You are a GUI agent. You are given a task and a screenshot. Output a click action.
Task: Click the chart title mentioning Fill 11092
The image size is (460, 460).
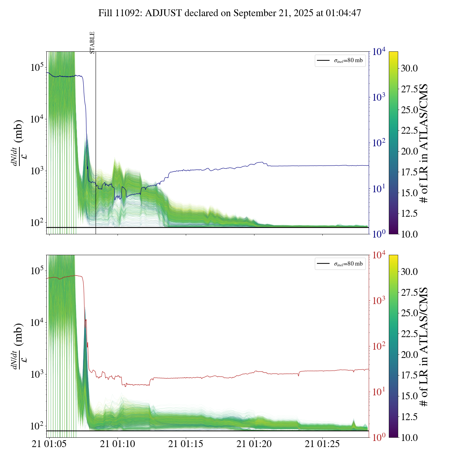tap(230, 13)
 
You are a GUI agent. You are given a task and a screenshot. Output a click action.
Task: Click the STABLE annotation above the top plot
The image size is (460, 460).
tap(92, 43)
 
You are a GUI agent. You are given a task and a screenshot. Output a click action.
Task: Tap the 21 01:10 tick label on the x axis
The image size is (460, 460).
tap(118, 444)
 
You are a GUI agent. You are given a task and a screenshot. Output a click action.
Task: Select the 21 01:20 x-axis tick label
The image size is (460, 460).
tap(254, 444)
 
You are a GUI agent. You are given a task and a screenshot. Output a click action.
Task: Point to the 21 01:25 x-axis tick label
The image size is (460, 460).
tap(322, 444)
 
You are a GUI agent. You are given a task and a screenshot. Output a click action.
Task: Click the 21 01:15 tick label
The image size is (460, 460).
tap(186, 444)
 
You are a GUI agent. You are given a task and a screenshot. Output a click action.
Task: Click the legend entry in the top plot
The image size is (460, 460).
tap(340, 60)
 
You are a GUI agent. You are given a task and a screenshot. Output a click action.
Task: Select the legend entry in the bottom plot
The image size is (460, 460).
tap(340, 264)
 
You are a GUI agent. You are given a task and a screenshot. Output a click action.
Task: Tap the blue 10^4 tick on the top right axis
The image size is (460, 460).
tap(379, 52)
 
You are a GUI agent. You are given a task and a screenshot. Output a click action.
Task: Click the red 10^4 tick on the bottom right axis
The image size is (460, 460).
tap(379, 255)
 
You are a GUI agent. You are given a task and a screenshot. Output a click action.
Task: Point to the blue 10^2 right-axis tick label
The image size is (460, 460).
tap(379, 143)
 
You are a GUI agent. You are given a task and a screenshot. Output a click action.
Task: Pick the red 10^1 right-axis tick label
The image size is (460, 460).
tap(379, 391)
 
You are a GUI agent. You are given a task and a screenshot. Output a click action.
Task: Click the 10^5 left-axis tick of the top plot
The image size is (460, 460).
tap(37, 67)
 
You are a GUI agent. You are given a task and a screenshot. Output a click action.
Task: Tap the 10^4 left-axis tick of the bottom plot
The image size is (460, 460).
tap(37, 322)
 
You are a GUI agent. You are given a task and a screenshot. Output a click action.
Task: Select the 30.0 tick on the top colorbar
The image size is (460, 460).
tap(409, 68)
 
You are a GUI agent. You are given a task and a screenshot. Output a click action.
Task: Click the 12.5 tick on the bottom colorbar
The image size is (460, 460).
tap(409, 417)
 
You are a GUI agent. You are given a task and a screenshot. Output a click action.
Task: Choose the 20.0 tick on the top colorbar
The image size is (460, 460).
tap(409, 151)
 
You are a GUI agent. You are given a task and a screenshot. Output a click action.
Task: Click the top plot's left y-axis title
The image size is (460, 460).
tap(18, 143)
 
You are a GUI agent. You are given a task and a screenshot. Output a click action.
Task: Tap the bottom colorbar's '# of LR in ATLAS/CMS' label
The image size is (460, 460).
tap(424, 346)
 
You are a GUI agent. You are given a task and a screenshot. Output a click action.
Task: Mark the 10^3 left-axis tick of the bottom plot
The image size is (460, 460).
tap(37, 374)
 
